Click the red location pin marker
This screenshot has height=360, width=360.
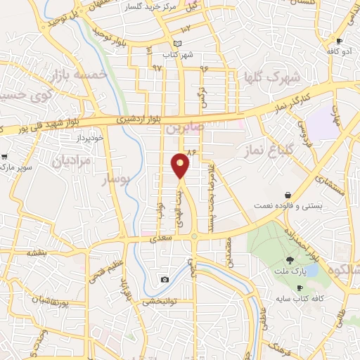click(x=181, y=165)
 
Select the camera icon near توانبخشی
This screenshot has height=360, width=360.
click(x=165, y=279)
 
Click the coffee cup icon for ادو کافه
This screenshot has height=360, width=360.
click(x=340, y=41)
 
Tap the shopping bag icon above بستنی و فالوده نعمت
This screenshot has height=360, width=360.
click(x=288, y=195)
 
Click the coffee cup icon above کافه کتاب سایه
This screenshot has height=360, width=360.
click(x=300, y=288)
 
